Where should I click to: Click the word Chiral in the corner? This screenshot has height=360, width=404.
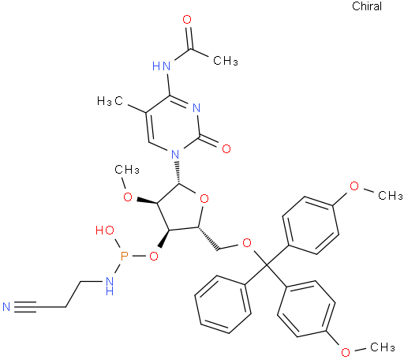point(367,6)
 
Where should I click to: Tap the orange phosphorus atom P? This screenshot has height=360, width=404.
point(124,256)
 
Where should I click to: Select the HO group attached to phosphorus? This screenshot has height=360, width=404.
point(105,231)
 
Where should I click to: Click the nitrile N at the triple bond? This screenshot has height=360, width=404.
point(6,307)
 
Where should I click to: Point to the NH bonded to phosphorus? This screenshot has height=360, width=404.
point(109,286)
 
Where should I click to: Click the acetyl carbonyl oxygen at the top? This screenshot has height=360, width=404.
point(187,20)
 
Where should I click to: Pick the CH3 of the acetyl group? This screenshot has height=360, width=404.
point(226,61)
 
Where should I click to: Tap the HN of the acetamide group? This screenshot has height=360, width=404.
point(162,66)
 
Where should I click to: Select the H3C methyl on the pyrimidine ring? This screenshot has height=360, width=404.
point(110,101)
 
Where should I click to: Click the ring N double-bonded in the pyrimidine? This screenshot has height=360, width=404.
point(196,108)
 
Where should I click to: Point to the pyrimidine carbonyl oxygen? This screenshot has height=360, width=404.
point(226,148)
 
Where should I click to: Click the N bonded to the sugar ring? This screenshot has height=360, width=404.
point(175,154)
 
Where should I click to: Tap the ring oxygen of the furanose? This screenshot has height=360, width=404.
point(204,199)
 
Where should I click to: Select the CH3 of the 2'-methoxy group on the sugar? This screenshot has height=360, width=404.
point(127,170)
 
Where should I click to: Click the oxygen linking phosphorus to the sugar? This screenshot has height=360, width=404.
point(154,256)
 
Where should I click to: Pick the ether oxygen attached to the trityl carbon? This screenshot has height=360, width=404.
point(247,243)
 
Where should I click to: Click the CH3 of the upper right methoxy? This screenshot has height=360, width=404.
point(391,196)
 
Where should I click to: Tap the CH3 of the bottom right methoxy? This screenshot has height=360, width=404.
point(383,347)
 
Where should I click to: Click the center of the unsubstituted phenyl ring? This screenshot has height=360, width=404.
point(223,305)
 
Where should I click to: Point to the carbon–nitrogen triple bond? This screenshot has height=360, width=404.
point(25,307)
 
